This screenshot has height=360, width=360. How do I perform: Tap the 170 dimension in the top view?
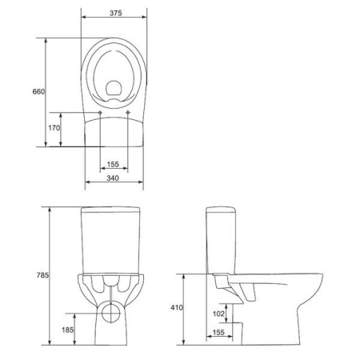(54, 128)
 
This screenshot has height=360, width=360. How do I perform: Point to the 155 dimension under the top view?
(114, 165)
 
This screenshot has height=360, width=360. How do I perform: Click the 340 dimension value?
(114, 178)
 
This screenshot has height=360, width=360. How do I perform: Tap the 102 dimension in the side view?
(218, 314)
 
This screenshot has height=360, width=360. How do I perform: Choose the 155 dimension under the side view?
(218, 332)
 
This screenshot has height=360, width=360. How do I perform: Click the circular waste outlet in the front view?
(114, 309)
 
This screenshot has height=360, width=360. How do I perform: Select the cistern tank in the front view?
(114, 244)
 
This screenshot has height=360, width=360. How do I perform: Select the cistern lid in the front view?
(114, 212)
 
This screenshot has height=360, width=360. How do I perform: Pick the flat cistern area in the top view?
(114, 132)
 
